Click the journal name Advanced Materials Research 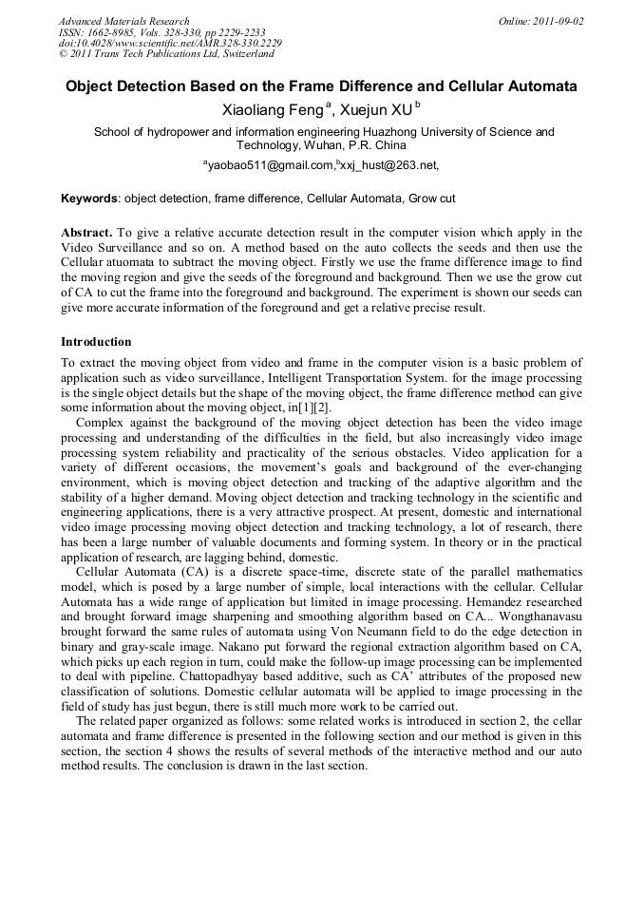coord(123,21)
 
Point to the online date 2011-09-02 coord(554,21)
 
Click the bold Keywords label coord(89,199)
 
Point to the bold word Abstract coord(86,233)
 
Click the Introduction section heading coord(96,341)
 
